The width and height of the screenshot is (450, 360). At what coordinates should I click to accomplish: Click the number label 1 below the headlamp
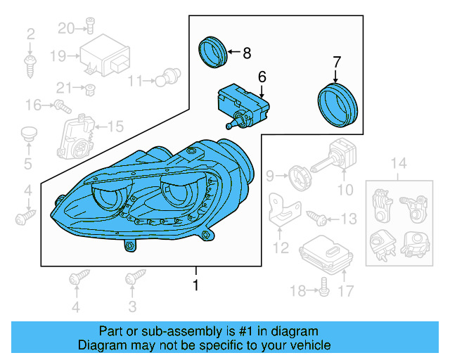[x=195, y=285]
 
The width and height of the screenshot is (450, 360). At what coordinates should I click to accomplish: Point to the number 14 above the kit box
[x=399, y=165]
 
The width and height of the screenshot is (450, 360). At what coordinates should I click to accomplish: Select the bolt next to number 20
[x=90, y=28]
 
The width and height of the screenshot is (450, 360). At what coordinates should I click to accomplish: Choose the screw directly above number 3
[x=131, y=280]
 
